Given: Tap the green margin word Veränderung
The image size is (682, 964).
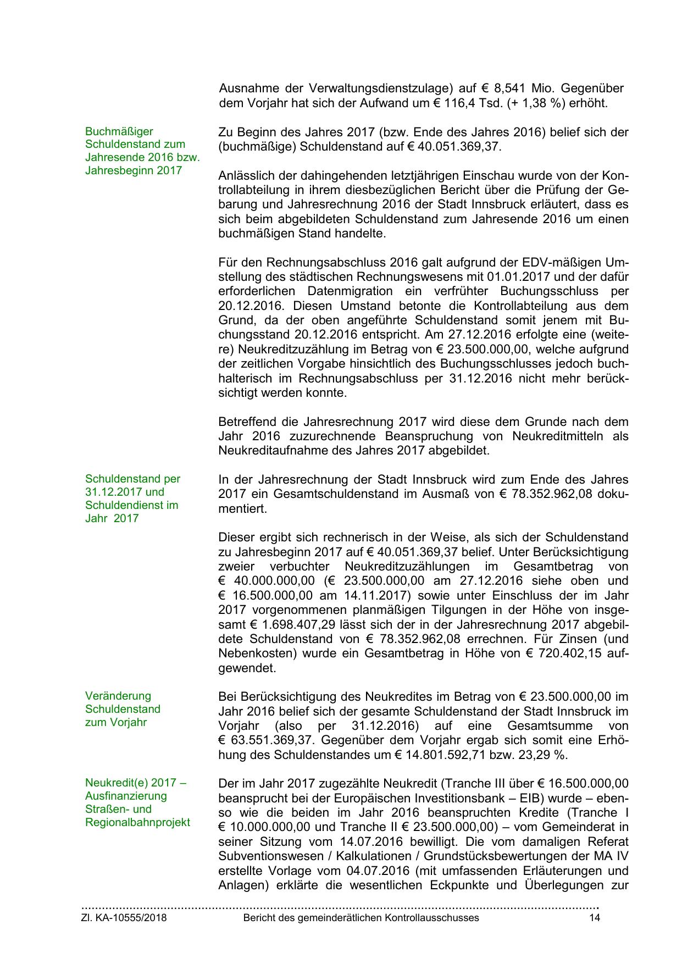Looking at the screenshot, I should coord(118,696).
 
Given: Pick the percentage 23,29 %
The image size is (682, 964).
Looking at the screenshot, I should coord(544,755).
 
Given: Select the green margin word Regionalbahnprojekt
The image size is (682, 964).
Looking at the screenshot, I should coord(138,822).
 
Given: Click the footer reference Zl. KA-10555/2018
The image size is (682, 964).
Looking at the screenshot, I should coord(124,918).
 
